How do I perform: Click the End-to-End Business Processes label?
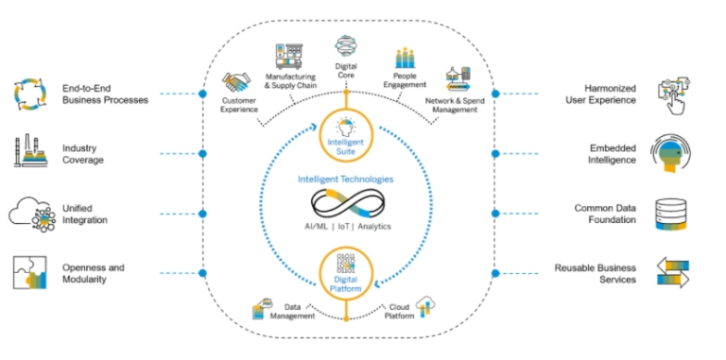click(x=105, y=94)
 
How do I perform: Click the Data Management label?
click(x=289, y=312)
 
